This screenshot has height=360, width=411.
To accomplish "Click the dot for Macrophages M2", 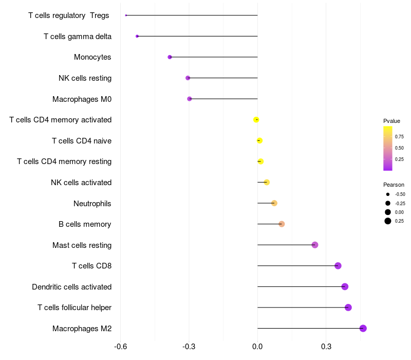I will pyautogui.click(x=363, y=328).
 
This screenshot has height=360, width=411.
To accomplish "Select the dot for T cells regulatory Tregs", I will pyautogui.click(x=126, y=15).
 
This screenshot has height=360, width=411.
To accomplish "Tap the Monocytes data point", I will pyautogui.click(x=170, y=57).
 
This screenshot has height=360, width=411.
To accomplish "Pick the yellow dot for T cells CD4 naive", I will pyautogui.click(x=259, y=140).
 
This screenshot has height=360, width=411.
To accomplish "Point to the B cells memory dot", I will pyautogui.click(x=282, y=224).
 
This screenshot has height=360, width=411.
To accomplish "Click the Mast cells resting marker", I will pyautogui.click(x=315, y=245).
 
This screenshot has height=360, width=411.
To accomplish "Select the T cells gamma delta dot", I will pyautogui.click(x=137, y=36).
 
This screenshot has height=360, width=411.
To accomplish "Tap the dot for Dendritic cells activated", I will pyautogui.click(x=345, y=286).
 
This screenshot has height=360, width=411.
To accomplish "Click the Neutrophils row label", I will pyautogui.click(x=92, y=204).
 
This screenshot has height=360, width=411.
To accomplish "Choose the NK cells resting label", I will pyautogui.click(x=85, y=78).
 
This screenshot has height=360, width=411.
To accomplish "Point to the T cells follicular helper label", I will pyautogui.click(x=74, y=308).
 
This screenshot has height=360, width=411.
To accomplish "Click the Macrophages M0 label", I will pyautogui.click(x=82, y=99).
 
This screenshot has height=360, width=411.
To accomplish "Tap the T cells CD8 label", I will pyautogui.click(x=91, y=266).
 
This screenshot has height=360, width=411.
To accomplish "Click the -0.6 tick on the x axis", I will pyautogui.click(x=120, y=347).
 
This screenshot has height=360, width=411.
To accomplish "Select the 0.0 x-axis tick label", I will pyautogui.click(x=257, y=347).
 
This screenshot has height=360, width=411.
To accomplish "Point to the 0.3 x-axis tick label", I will pyautogui.click(x=326, y=347).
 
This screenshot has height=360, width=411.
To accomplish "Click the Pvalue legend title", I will pyautogui.click(x=391, y=121).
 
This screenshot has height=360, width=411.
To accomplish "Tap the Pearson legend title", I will pyautogui.click(x=394, y=185).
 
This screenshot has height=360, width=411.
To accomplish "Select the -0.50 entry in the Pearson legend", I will pyautogui.click(x=400, y=194).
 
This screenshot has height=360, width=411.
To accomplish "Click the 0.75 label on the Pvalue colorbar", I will pyautogui.click(x=399, y=136).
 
